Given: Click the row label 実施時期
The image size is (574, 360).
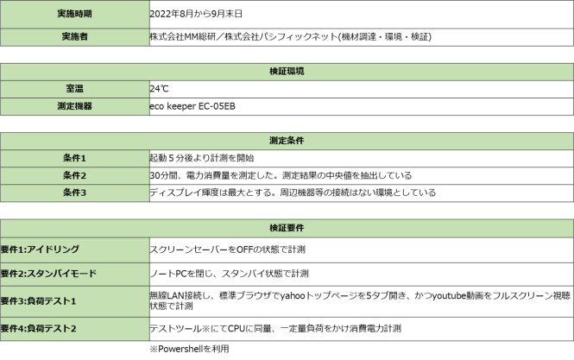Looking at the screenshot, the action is (x=74, y=14).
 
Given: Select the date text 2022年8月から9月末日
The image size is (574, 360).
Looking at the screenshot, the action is (x=196, y=14).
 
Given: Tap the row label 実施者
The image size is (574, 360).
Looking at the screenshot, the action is (x=74, y=36).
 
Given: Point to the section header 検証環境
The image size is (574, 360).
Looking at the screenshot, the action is (x=287, y=72).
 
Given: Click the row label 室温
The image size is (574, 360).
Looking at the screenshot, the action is (x=74, y=89).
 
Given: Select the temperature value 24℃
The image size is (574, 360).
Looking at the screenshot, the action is (x=159, y=89).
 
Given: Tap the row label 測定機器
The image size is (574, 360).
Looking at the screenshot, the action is (x=74, y=106).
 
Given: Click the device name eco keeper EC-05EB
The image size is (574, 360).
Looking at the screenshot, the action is (x=192, y=106).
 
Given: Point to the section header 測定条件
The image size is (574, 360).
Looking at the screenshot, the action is (x=287, y=141).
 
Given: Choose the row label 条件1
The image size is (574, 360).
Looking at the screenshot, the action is (x=74, y=158).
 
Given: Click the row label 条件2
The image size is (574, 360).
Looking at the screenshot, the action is (x=74, y=175).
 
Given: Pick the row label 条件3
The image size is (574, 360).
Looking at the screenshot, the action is (x=74, y=193).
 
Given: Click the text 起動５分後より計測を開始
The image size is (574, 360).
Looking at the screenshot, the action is (x=202, y=158).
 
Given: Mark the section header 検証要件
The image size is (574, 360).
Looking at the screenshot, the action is (x=287, y=228).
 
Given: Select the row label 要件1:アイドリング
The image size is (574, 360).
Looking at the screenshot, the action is (x=40, y=249).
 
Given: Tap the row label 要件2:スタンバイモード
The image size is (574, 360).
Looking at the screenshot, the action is (x=48, y=274).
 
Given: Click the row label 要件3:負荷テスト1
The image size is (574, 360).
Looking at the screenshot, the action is (x=39, y=301).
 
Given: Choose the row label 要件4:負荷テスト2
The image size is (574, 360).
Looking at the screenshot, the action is (x=39, y=329).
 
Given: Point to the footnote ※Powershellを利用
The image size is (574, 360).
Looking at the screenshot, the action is (x=189, y=349).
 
